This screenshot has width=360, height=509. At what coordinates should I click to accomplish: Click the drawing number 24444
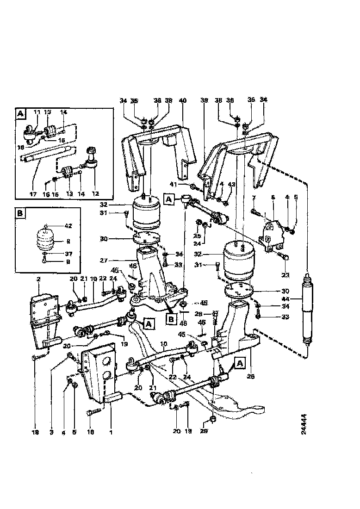304,424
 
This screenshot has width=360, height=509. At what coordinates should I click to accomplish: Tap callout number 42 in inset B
68,226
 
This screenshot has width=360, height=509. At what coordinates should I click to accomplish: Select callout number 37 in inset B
68,253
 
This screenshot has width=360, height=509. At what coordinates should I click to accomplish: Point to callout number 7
254,198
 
